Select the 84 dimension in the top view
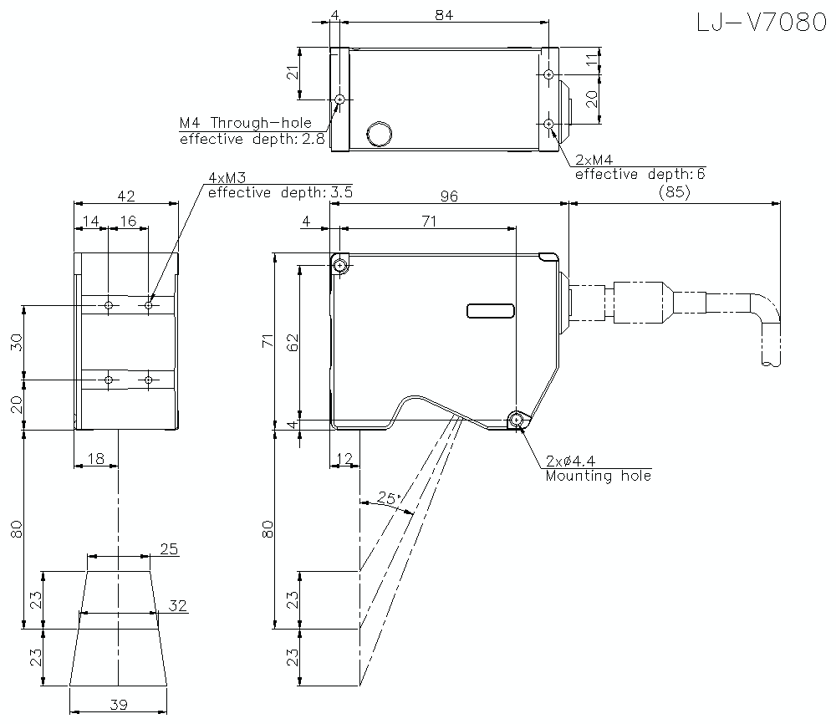[x=444, y=16]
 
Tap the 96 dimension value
[x=449, y=196]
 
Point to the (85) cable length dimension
[x=673, y=192]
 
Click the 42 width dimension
[x=126, y=196]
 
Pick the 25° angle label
[x=389, y=498]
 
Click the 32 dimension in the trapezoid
[x=177, y=605]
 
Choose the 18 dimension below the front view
[x=95, y=457]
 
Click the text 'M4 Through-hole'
[x=245, y=123]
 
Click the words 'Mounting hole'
[x=598, y=476]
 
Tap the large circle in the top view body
[x=380, y=132]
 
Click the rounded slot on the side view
[x=490, y=311]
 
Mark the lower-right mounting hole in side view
[x=517, y=421]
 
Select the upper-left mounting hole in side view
[x=339, y=266]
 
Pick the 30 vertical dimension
[x=17, y=343]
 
